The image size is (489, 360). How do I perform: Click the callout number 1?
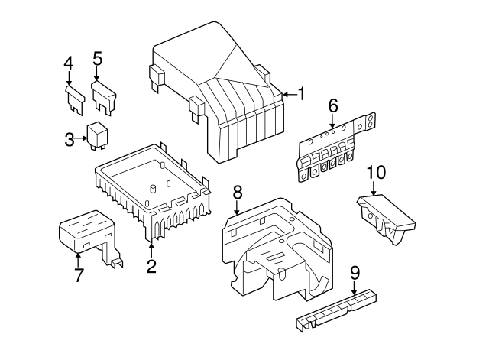click(x=301, y=94)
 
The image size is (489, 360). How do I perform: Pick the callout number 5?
click(x=97, y=58)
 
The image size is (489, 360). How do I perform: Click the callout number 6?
click(x=333, y=105)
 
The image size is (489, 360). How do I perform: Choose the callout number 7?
click(x=78, y=275)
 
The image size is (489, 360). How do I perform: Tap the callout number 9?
click(x=355, y=273)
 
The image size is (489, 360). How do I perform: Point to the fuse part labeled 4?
click(x=75, y=99)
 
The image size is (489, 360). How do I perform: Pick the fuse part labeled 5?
click(x=105, y=97)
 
